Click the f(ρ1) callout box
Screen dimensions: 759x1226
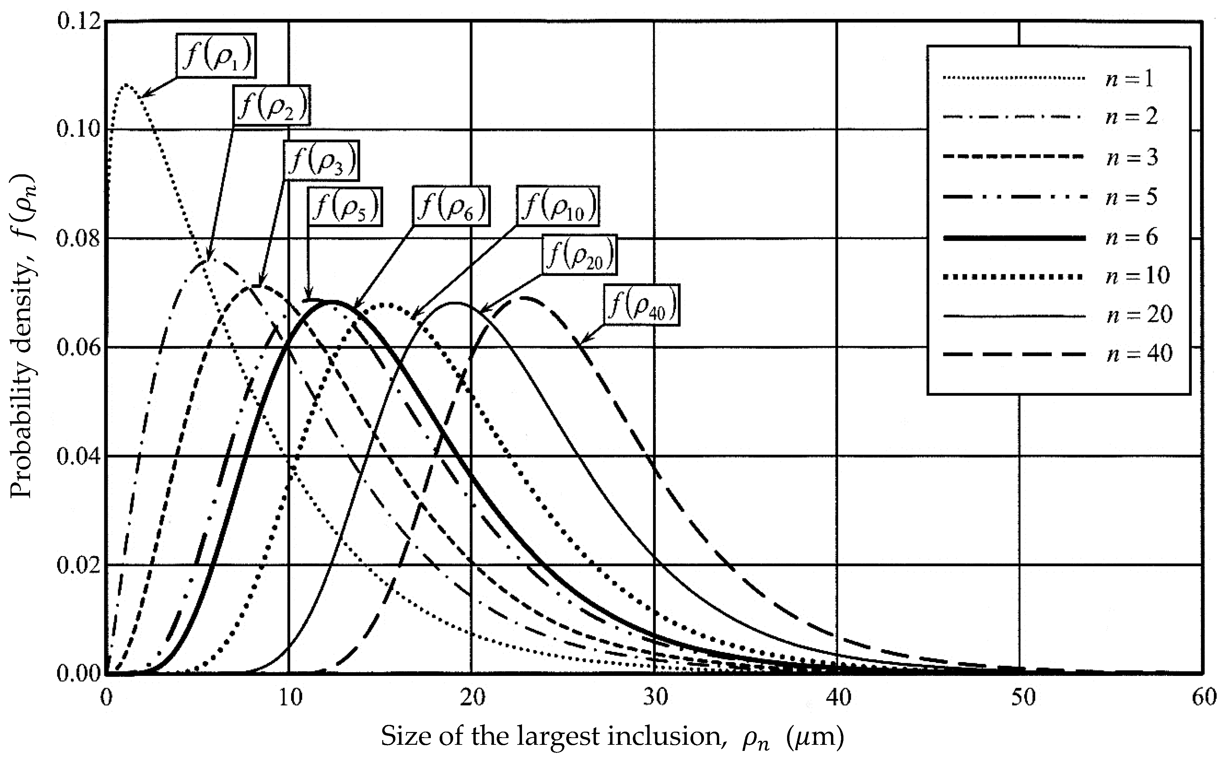click(x=216, y=56)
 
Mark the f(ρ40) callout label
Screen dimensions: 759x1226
click(x=642, y=306)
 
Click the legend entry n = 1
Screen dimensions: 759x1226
click(x=1129, y=78)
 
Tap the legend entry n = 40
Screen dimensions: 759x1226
click(x=1139, y=353)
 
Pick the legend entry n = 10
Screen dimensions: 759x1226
click(x=1137, y=275)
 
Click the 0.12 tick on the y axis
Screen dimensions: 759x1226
click(x=78, y=23)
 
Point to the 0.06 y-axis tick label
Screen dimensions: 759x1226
click(x=78, y=347)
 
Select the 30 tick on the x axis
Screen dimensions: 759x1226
click(x=654, y=698)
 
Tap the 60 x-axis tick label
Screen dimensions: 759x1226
click(x=1202, y=698)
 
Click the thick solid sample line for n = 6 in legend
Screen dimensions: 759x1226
click(x=1013, y=237)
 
